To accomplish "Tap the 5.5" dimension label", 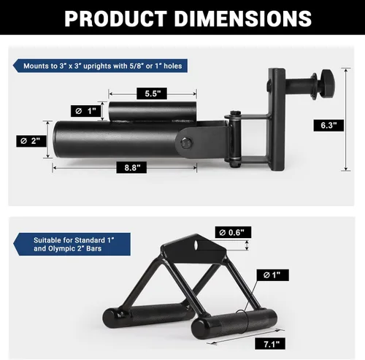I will click(x=152, y=94).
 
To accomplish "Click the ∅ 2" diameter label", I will click(x=31, y=139).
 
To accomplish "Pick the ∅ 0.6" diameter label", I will click(x=234, y=232).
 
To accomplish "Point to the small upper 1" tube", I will click(x=152, y=113).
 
